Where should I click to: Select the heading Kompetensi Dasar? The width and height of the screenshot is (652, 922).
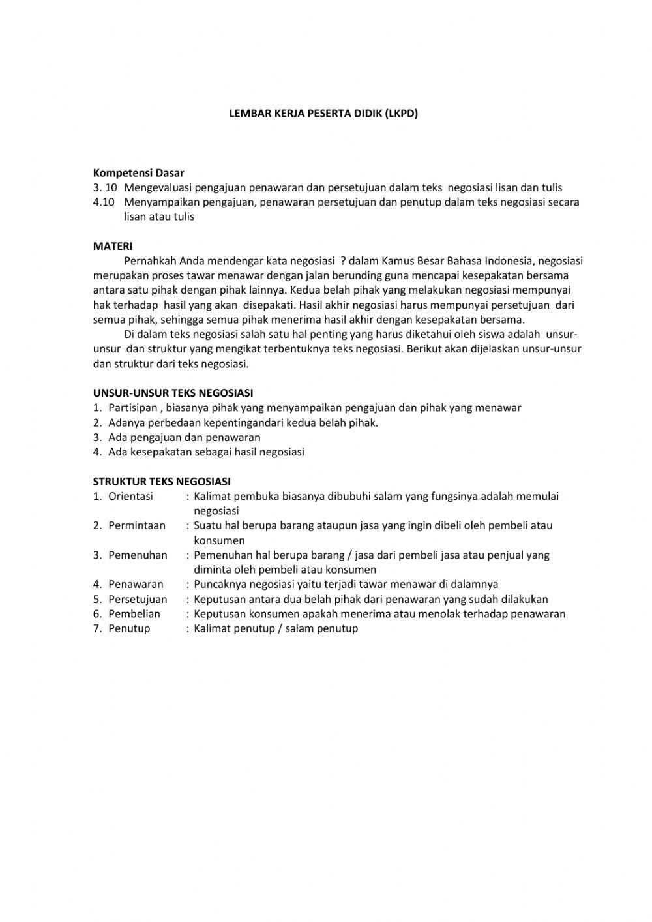(138, 173)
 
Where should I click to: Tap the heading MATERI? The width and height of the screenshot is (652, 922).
(113, 246)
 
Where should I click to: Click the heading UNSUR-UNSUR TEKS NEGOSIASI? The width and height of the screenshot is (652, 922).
(173, 393)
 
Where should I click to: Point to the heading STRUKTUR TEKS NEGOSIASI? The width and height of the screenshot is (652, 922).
(162, 482)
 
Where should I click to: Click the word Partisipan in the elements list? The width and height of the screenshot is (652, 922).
(133, 408)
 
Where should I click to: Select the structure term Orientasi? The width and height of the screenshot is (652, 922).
(130, 496)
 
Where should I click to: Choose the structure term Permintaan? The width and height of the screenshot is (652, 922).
(137, 525)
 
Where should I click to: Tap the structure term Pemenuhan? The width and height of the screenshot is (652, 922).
(138, 555)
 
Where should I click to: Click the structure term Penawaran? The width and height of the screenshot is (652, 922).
(136, 584)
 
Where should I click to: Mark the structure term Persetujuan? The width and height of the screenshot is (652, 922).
(138, 599)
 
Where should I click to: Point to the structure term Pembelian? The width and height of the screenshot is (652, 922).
(134, 613)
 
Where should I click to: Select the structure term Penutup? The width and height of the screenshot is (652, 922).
(129, 628)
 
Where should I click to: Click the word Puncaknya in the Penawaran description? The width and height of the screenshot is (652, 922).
(220, 584)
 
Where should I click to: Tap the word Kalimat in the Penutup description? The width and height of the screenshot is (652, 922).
(213, 628)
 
